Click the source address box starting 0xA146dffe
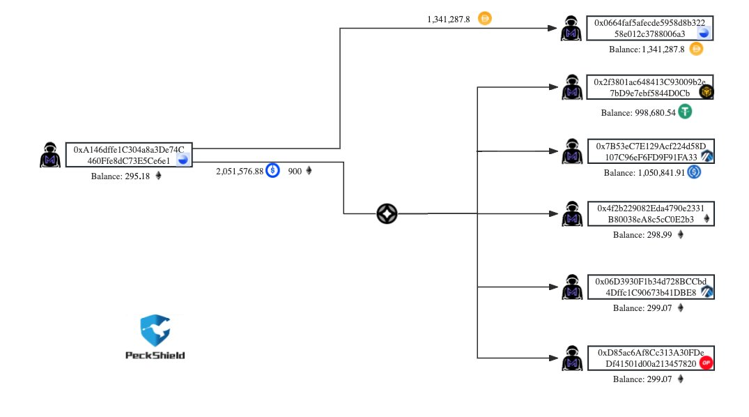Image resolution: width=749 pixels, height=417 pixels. tap(129, 155)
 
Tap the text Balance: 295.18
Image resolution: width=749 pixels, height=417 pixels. tap(121, 176)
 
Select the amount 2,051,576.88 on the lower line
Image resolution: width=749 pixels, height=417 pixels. tap(240, 171)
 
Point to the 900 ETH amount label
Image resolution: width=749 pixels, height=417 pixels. tap(295, 171)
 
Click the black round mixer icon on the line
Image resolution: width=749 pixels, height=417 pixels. tap(387, 214)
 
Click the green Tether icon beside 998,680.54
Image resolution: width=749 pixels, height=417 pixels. tap(686, 112)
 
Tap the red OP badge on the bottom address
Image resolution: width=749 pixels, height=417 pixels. tap(706, 363)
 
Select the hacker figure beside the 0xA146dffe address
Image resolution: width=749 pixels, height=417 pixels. tap(50, 155)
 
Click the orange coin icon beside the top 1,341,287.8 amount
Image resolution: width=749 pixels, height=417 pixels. tap(485, 19)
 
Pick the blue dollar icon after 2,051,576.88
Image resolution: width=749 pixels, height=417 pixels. tap(272, 170)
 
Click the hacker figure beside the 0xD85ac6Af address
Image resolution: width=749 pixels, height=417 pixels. tap(572, 358)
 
